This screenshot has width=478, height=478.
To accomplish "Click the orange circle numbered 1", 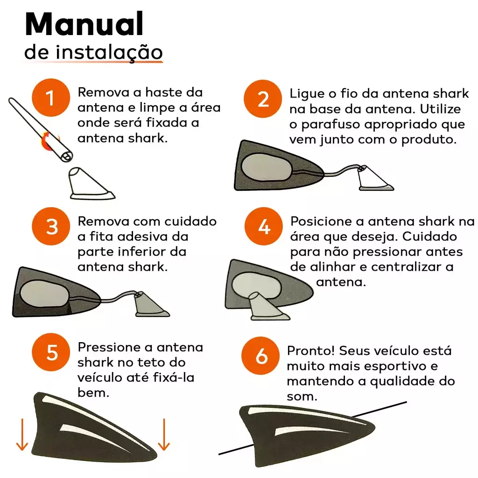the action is [51, 98].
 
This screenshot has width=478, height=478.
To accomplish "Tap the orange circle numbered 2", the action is [263, 99].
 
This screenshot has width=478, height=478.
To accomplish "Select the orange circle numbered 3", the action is [51, 226].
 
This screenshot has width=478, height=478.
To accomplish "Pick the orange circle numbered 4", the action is [264, 226].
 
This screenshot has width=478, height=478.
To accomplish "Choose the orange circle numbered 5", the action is [51, 352].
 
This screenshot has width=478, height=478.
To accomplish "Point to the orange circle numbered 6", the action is [260, 355].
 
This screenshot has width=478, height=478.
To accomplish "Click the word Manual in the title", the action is [84, 24].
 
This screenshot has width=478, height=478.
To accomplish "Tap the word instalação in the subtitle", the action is [109, 52].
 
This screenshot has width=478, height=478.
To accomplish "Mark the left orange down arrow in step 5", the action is [22, 435].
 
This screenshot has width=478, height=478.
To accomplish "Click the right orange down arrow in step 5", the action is [164, 435].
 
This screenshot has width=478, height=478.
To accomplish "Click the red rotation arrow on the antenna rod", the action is [49, 140].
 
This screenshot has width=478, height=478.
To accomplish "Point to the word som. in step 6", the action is [302, 397].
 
